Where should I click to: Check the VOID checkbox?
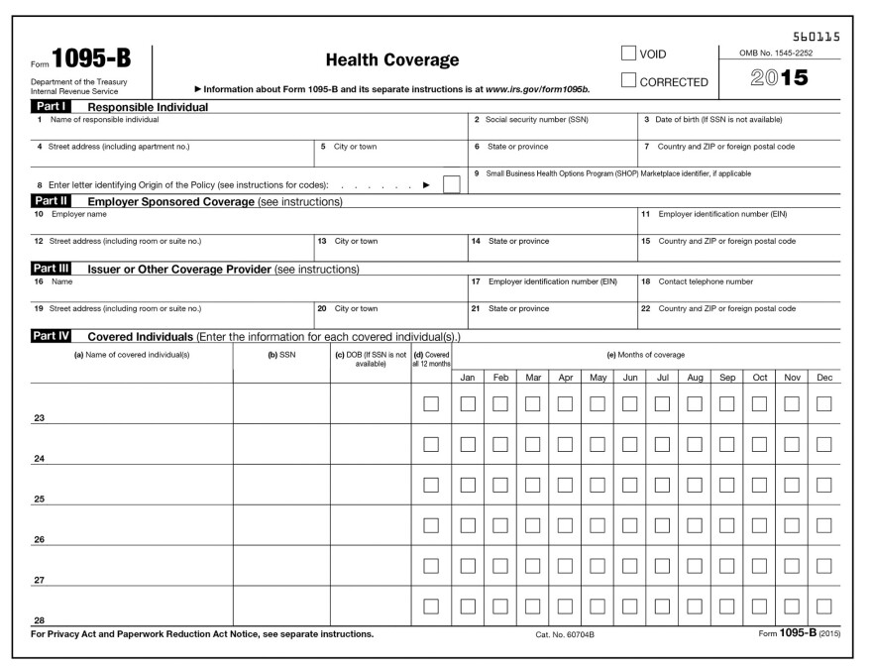pyautogui.click(x=627, y=54)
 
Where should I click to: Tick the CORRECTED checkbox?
pyautogui.click(x=627, y=81)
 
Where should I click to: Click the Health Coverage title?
pyautogui.click(x=392, y=61)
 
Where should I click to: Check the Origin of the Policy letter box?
pyautogui.click(x=452, y=184)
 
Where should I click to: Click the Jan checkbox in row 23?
pyautogui.click(x=468, y=404)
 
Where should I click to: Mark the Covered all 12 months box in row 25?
pyautogui.click(x=431, y=486)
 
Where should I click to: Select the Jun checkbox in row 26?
pyautogui.click(x=629, y=526)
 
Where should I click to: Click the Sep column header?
pyautogui.click(x=727, y=378)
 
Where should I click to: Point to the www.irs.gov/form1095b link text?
pyautogui.click(x=537, y=89)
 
